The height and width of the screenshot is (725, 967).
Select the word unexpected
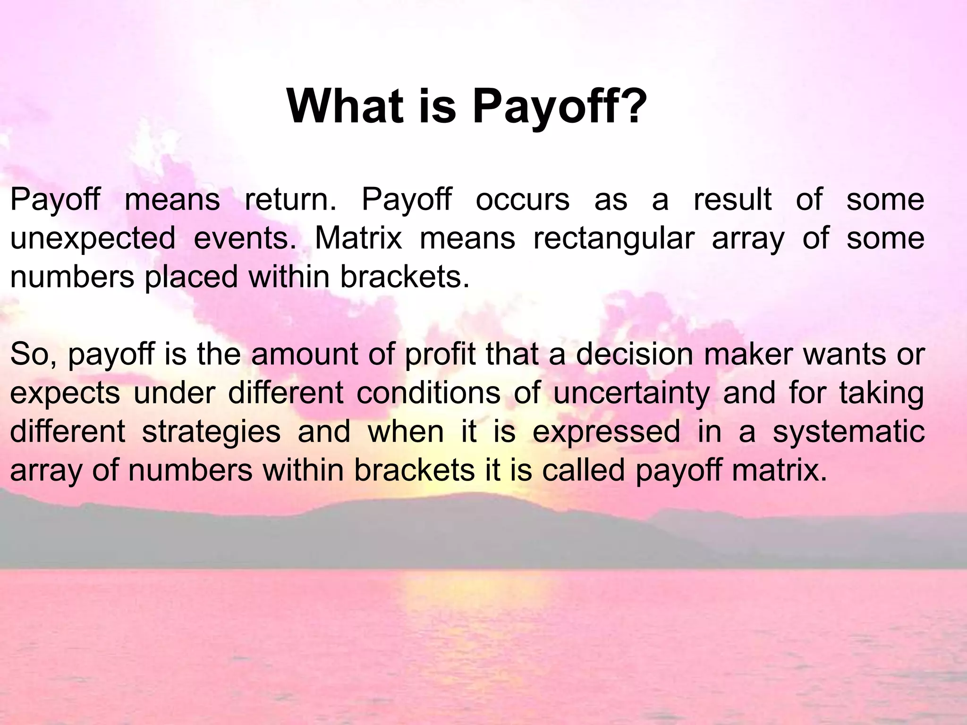(x=93, y=239)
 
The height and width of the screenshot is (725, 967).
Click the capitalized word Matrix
(x=358, y=238)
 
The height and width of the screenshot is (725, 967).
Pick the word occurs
(x=523, y=199)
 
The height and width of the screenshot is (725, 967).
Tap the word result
(x=732, y=199)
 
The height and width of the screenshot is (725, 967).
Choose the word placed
(x=191, y=278)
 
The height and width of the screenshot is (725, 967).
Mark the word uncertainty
(x=631, y=394)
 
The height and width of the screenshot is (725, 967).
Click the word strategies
(x=211, y=432)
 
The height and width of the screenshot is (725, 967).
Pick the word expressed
(x=607, y=432)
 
